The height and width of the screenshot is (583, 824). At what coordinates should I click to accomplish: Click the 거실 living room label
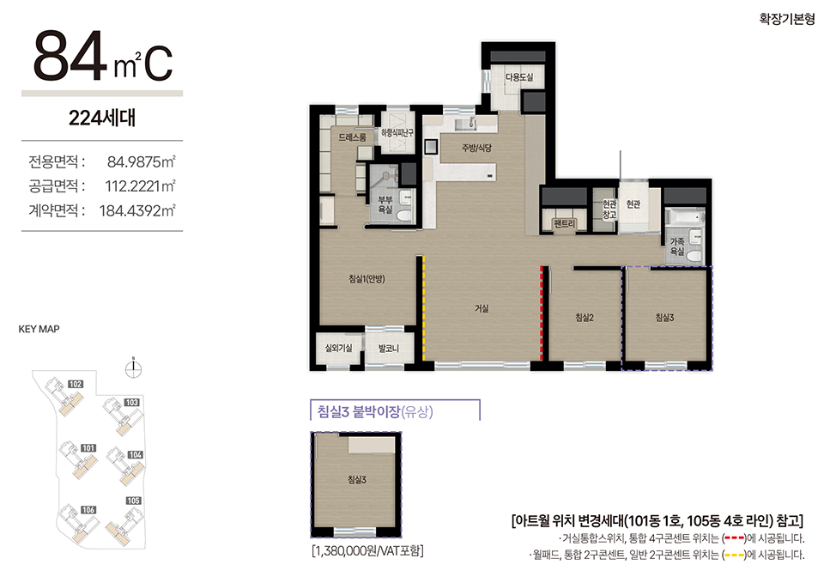coord(482,308)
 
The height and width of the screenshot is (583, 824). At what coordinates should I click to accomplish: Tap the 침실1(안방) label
coord(367,278)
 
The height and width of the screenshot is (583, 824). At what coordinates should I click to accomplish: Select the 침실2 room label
coord(585,317)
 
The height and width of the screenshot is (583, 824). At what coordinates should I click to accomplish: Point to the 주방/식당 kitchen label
coord(476,148)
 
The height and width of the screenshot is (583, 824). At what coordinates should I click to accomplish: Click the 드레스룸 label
coord(352,137)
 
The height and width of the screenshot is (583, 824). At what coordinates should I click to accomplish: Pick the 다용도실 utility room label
coord(519,77)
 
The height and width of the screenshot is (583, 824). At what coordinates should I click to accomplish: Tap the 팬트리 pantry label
coord(564,223)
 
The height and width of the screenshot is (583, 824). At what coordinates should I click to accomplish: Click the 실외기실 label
coord(338,348)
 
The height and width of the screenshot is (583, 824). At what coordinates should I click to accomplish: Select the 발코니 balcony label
coord(388,348)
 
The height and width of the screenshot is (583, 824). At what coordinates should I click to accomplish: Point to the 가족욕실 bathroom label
coord(677,246)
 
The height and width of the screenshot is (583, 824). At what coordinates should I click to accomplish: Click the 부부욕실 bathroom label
coord(385,204)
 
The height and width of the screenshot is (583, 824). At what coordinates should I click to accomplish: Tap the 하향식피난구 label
coord(397,133)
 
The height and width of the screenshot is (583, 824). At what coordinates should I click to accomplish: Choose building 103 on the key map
coord(131,402)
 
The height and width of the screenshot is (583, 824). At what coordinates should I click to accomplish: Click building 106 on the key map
coord(88,510)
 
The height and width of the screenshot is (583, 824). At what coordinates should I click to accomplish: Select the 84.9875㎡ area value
coord(142,161)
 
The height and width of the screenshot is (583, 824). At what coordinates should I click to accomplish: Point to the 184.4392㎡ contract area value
coord(137,210)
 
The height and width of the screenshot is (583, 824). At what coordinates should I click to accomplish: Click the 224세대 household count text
coord(102,118)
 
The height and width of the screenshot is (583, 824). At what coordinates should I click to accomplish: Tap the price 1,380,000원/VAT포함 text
coord(367,551)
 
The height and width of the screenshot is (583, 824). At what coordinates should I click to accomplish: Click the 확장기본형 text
coord(787,20)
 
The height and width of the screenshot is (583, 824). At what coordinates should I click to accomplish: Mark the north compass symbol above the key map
coord(134,368)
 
